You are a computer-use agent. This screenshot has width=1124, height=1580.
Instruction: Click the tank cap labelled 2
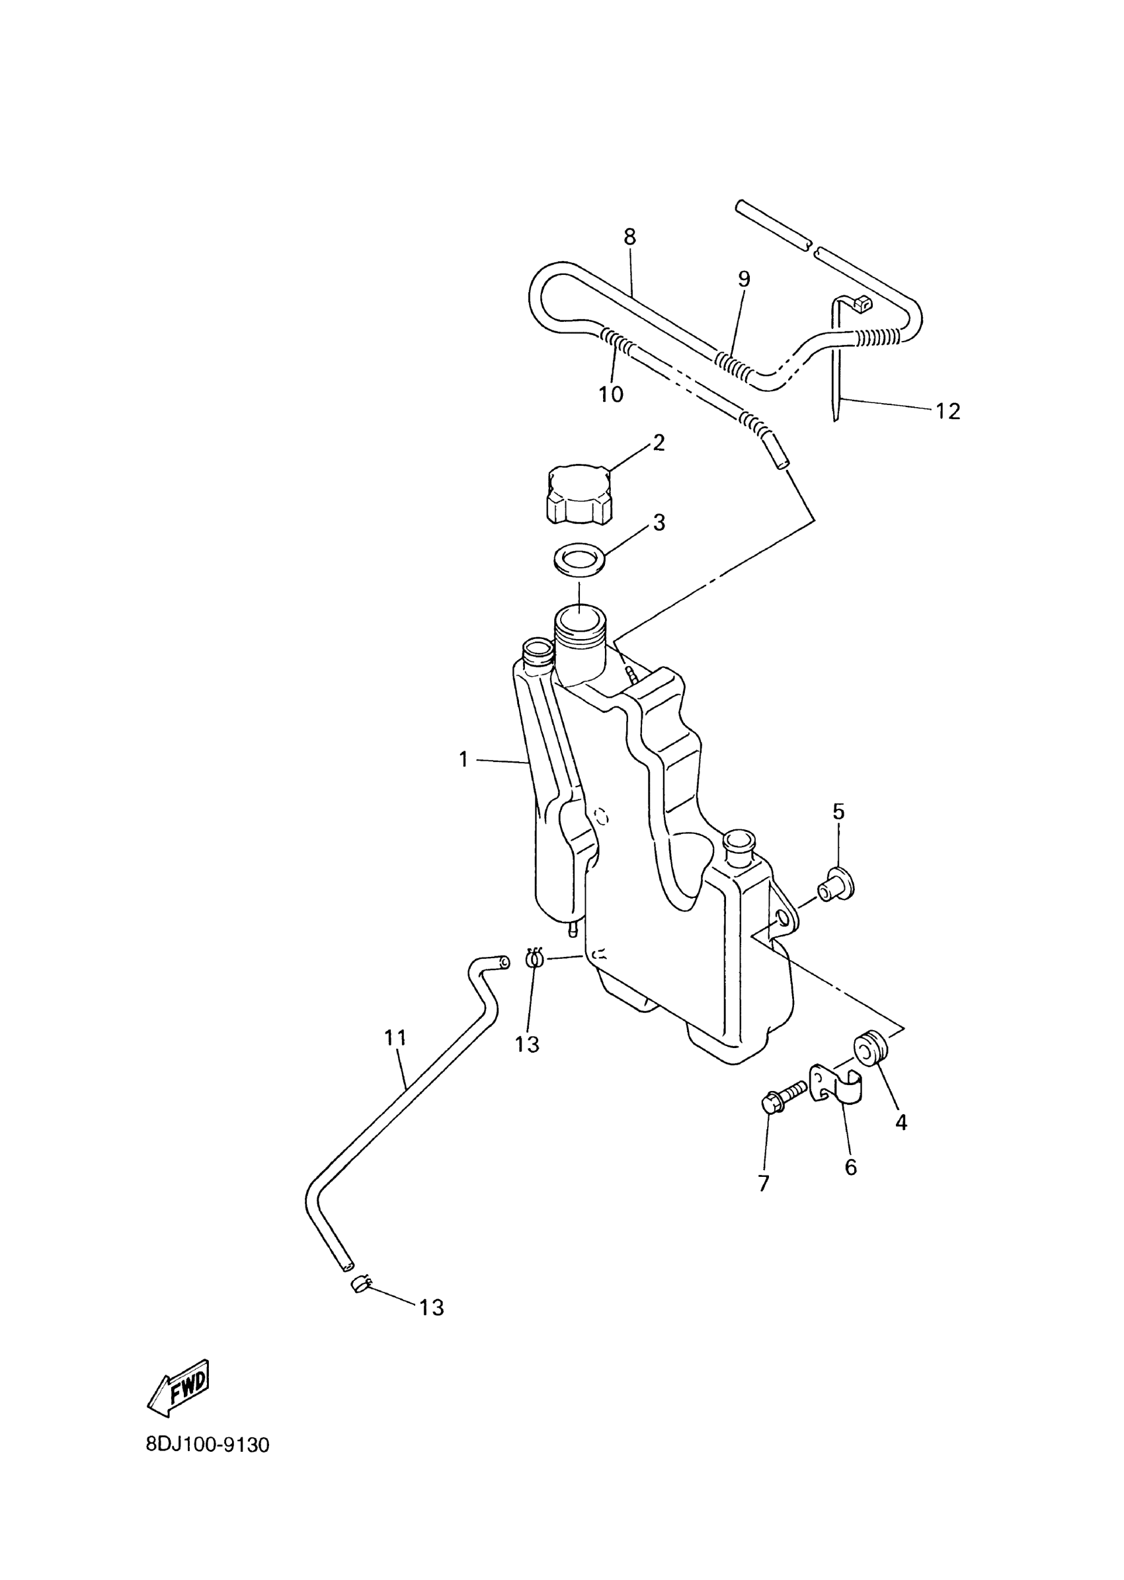point(580,493)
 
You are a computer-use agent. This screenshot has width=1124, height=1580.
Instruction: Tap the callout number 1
point(463,759)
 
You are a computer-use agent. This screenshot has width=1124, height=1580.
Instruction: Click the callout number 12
point(948,412)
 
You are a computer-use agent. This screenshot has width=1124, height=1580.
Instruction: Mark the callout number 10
point(611,395)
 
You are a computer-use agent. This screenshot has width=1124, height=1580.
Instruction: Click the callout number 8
point(629,237)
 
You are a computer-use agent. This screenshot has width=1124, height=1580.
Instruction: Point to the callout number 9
point(743,279)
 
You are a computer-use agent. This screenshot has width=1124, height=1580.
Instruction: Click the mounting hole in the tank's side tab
point(783,917)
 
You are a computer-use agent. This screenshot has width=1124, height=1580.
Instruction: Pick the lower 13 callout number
point(432,1308)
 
